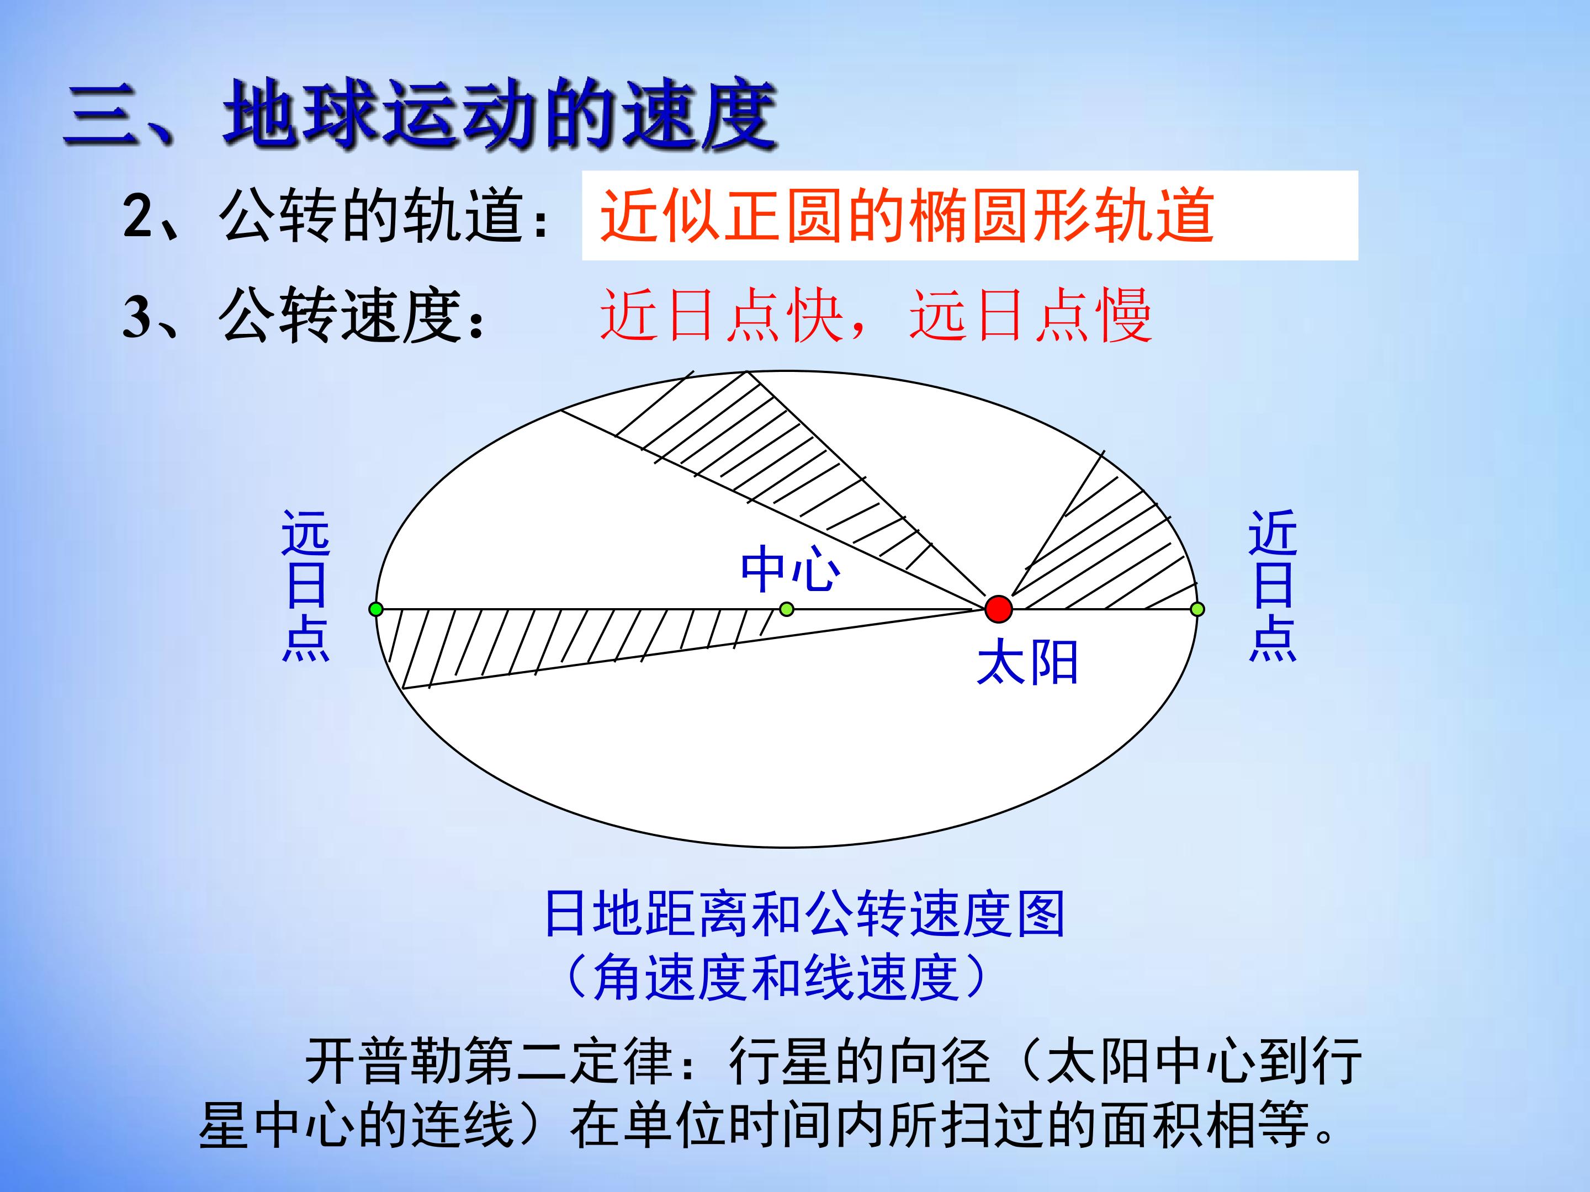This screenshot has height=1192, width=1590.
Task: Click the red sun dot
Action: (x=998, y=609)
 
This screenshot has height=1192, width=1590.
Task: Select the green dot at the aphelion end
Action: (x=375, y=609)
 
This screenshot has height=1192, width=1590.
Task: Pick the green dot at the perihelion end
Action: (x=1197, y=609)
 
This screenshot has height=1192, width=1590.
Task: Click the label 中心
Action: (x=790, y=569)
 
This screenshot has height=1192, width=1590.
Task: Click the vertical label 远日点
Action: (x=305, y=586)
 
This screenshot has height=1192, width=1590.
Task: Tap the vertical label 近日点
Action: (x=1273, y=586)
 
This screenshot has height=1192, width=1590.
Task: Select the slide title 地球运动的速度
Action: (x=500, y=115)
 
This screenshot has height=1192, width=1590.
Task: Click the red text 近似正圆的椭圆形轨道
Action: (x=907, y=216)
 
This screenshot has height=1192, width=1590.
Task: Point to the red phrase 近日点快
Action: (x=722, y=316)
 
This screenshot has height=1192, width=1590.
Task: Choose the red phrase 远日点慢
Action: (x=1030, y=316)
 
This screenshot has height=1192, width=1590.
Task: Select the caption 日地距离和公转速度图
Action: (x=804, y=914)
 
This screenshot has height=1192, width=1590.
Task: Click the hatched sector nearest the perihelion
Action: (x=1107, y=554)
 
